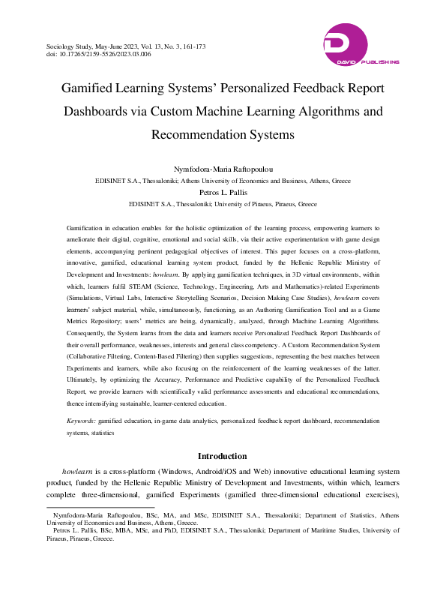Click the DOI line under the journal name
[x=98, y=55]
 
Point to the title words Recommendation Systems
[x=223, y=136]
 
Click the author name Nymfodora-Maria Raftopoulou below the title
[x=223, y=169]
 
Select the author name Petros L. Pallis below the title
[x=223, y=193]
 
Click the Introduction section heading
[x=222, y=456]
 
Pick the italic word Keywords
[x=81, y=422]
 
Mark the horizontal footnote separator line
[x=90, y=507]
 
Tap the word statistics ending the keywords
[x=103, y=433]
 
